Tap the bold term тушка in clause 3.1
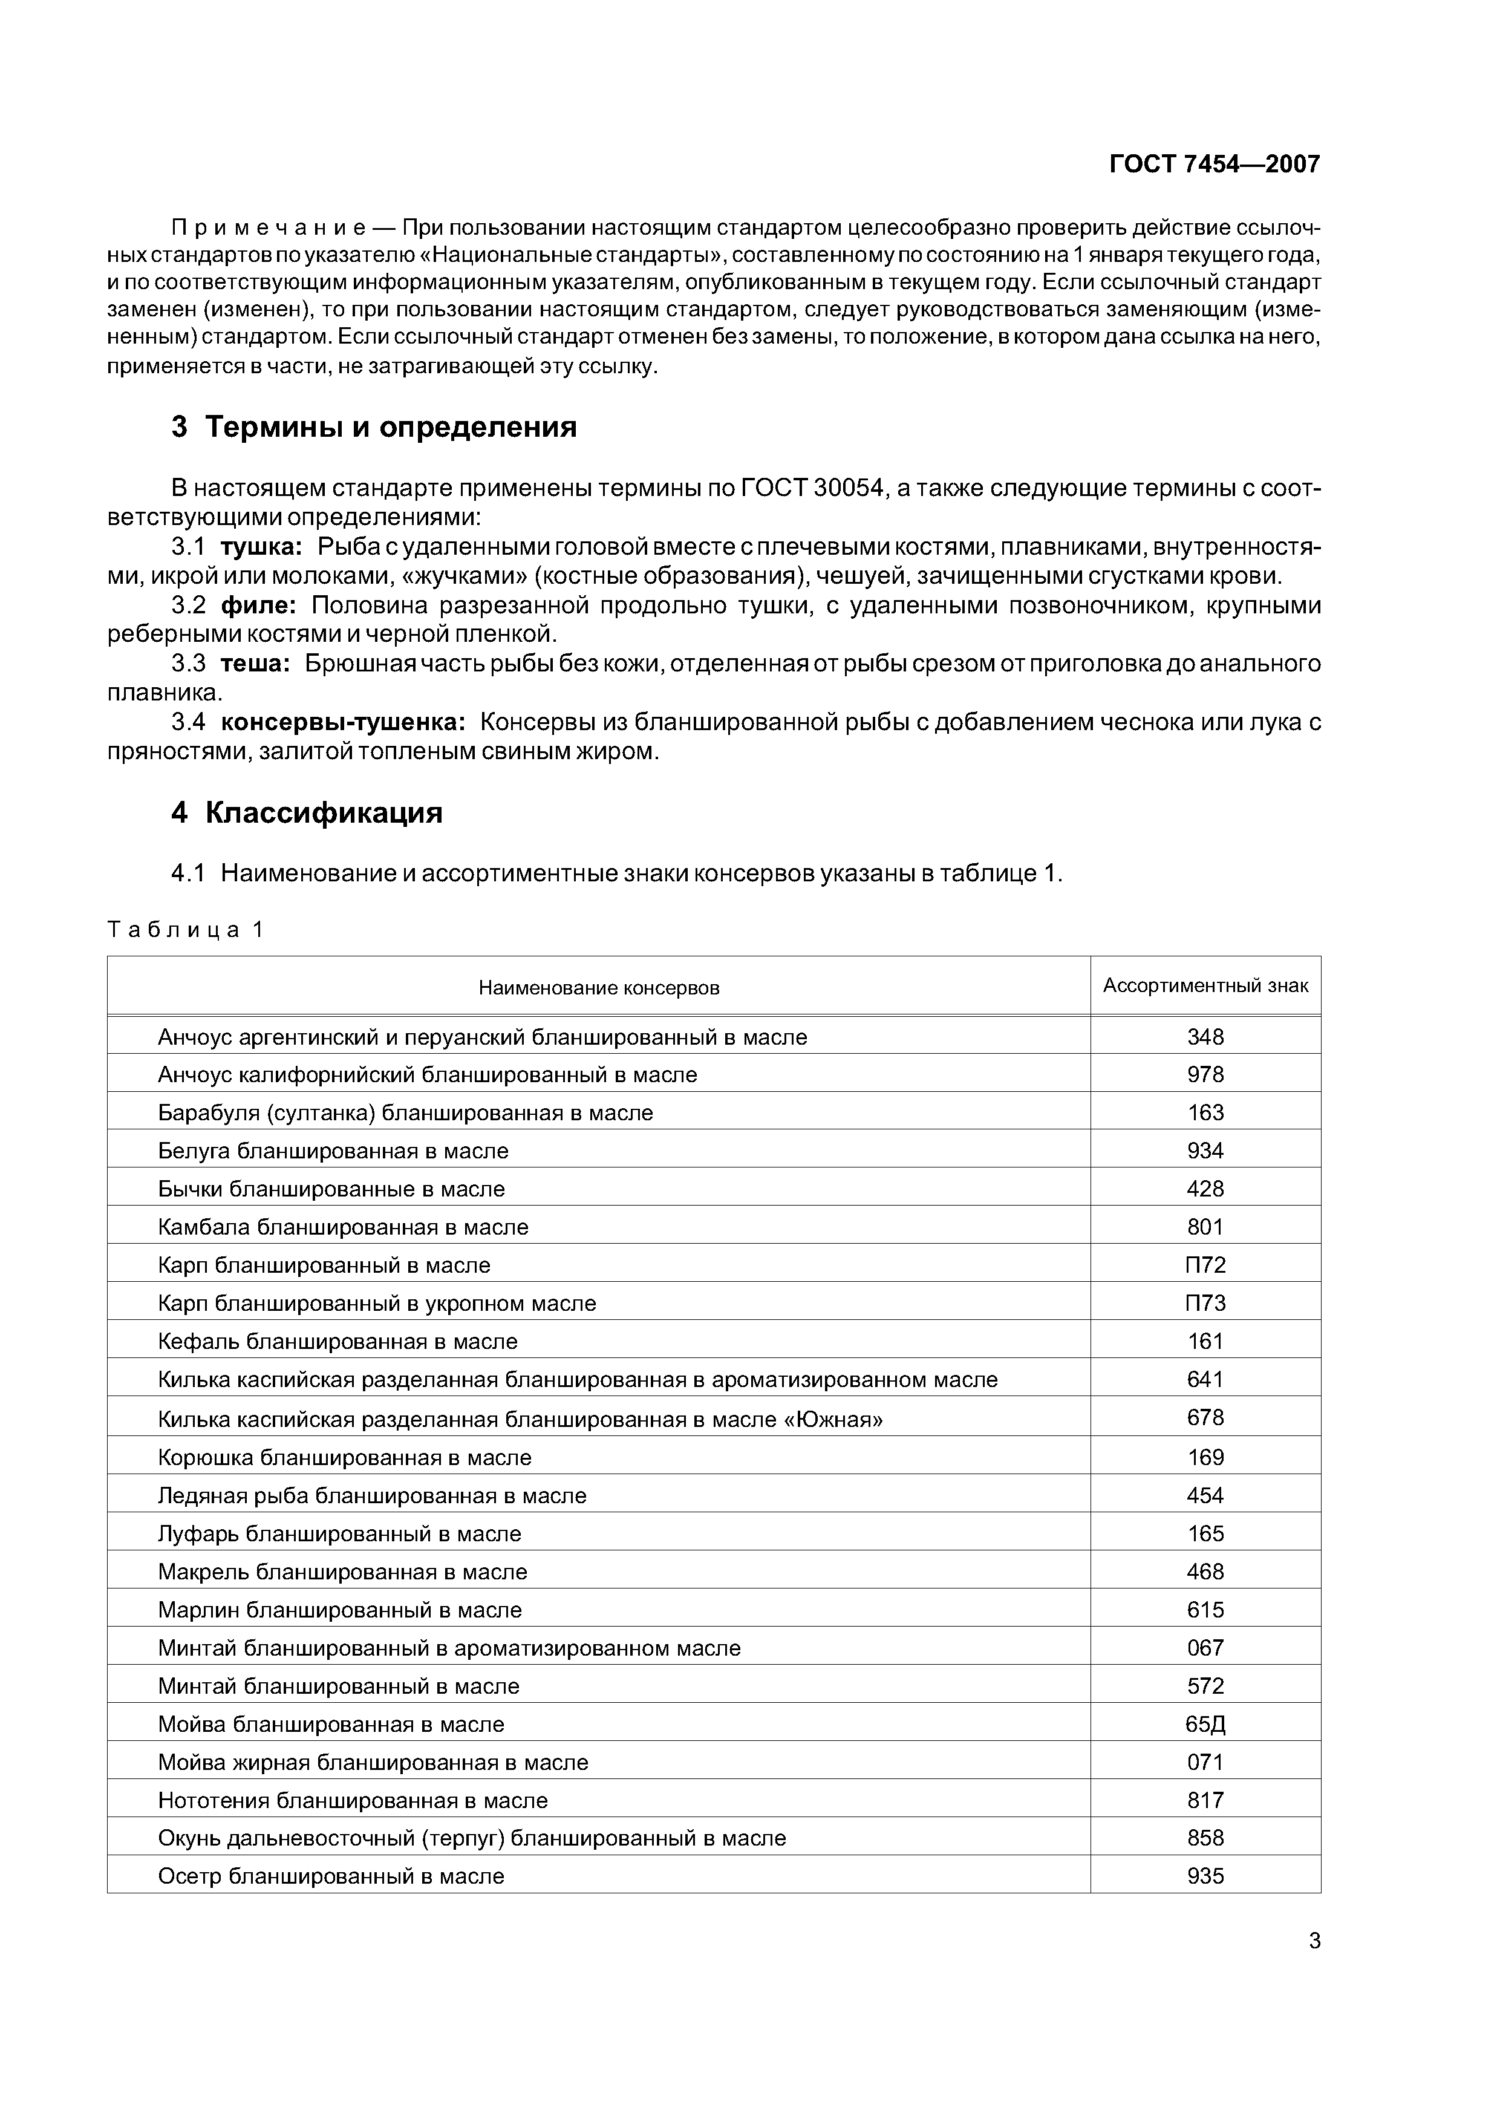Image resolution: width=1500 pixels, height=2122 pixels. pos(261,547)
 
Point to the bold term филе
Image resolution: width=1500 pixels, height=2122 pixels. pos(258,606)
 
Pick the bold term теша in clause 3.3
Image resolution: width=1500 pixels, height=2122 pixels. pos(255,664)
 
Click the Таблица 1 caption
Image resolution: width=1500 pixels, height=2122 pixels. pos(186,930)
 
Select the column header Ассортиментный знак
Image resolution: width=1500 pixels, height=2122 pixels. pos(1205,985)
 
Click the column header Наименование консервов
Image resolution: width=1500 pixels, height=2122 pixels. pos(599,988)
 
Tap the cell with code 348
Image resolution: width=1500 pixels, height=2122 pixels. pos(1205,1037)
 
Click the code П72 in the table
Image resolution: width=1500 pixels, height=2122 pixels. pos(1205,1265)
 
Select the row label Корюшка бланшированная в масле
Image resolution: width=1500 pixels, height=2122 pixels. pos(345,1457)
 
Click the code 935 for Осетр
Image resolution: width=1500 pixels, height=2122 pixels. pos(1205,1876)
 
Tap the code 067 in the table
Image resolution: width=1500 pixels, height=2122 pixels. pos(1205,1648)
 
